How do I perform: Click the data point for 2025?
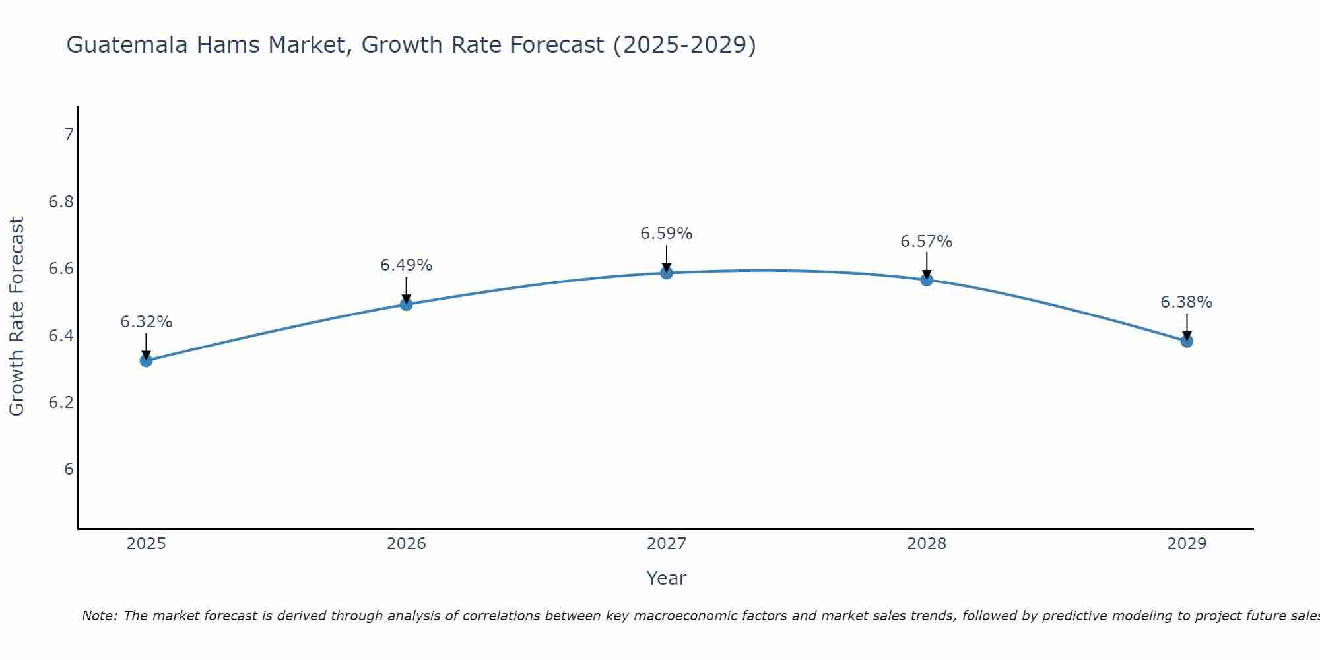pos(146,360)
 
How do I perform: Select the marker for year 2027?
pos(667,273)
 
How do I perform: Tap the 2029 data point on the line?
pos(1187,341)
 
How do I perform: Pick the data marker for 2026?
pos(407,304)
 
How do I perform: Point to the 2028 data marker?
pos(927,280)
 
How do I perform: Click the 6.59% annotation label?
pos(667,234)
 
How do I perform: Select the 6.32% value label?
pos(146,322)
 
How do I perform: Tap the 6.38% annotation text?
pos(1186,302)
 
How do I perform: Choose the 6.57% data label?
pos(926,242)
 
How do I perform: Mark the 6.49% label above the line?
pos(406,265)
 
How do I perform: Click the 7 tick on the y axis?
pos(69,135)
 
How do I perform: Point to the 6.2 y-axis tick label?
pos(61,403)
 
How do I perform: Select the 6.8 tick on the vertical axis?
pos(61,202)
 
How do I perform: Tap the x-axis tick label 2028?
pos(927,544)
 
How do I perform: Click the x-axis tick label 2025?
pos(146,544)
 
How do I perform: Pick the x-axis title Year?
pos(667,578)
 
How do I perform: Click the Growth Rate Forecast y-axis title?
pos(16,317)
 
